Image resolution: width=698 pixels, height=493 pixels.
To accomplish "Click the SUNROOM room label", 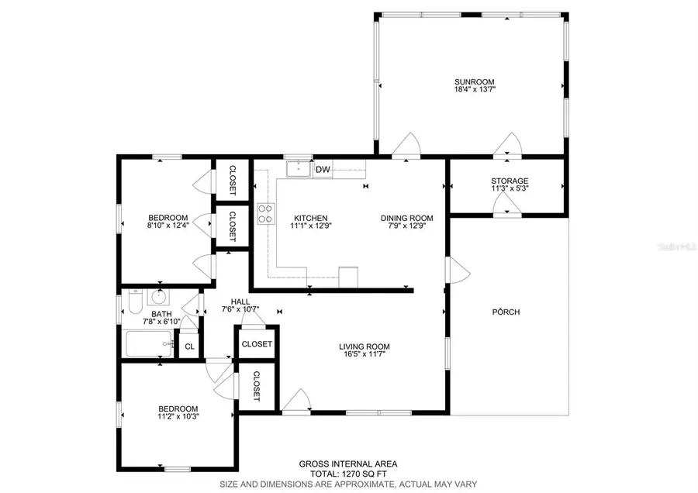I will point(475,81).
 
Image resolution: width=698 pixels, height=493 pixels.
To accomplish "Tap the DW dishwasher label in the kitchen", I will point(323,169).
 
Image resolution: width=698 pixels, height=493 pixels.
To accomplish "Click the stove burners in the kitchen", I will point(265,213).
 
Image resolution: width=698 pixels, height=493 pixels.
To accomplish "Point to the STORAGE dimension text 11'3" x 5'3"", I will point(509,188).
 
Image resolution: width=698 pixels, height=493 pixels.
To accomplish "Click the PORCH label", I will point(505,312).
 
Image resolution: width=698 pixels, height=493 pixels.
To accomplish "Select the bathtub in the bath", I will point(150,343).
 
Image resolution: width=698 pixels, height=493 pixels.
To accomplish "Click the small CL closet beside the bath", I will point(188,346).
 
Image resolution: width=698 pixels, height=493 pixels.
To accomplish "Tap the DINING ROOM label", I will point(406,218).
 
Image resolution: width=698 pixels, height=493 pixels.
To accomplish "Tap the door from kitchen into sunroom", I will point(406,147).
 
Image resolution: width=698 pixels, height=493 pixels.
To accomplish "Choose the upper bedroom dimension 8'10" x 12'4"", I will point(168,226).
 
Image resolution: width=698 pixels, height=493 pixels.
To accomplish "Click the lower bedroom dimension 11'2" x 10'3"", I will point(178,417).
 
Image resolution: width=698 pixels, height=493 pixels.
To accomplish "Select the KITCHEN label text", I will point(309,218).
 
